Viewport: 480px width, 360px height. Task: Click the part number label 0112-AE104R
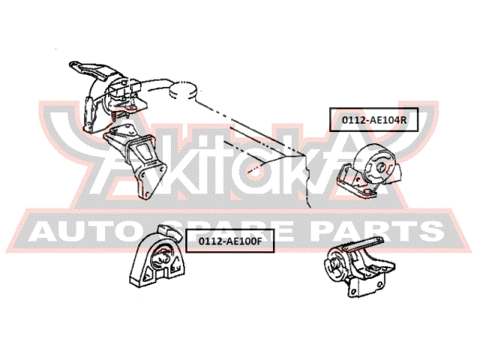[373, 120]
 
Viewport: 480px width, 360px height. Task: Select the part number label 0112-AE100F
[230, 241]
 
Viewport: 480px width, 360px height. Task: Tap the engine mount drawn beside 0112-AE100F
[157, 256]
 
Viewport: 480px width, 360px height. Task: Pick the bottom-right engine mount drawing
[359, 267]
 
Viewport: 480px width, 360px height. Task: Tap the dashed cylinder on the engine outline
[183, 89]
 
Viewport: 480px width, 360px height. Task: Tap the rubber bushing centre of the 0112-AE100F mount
[162, 257]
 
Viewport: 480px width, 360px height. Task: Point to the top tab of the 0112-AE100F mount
[169, 232]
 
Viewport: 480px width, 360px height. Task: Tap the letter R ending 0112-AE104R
[403, 120]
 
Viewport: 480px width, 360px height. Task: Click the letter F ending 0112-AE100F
[259, 241]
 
